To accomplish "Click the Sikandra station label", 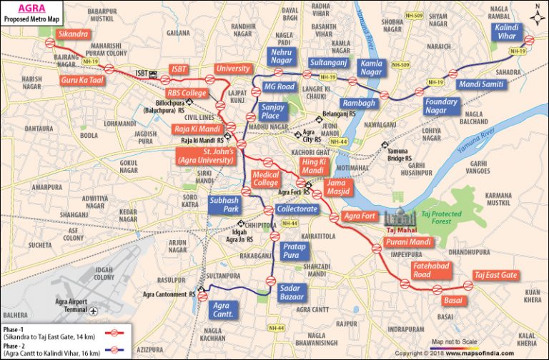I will (74, 34).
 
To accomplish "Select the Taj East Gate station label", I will (496, 275).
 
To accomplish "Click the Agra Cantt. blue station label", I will (224, 309).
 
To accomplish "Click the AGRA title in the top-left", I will (19, 9).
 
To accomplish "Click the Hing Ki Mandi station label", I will (313, 166).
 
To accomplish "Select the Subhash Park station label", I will (224, 206).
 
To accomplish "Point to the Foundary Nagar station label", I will (441, 106).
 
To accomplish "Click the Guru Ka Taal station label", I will (82, 81).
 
